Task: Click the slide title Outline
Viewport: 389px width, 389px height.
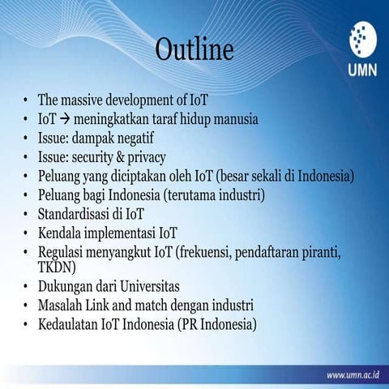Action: click(x=194, y=49)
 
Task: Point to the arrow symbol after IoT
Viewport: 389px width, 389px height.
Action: click(x=66, y=119)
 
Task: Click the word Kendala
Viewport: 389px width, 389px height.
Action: click(x=61, y=233)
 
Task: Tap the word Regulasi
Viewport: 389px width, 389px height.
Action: click(x=64, y=252)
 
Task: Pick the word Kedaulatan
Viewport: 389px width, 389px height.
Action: click(x=71, y=325)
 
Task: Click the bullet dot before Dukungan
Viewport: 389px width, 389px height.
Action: click(x=26, y=287)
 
